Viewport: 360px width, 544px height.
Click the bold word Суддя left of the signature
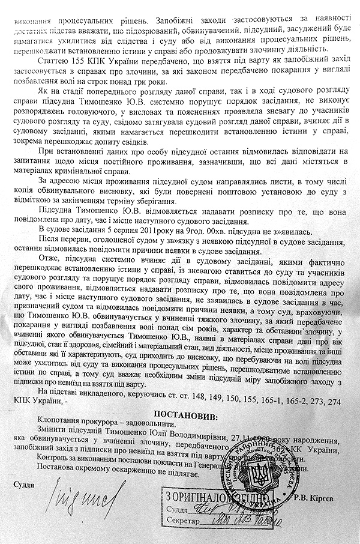(22, 483)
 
